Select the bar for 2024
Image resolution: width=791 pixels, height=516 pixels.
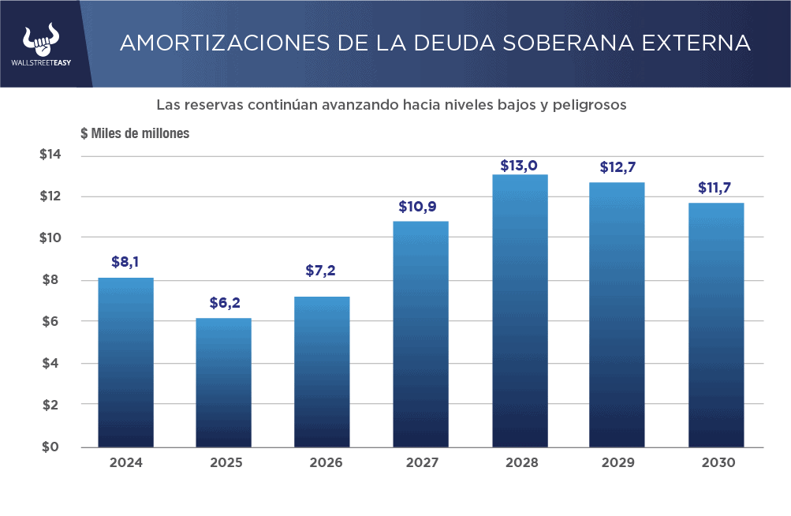[125, 362]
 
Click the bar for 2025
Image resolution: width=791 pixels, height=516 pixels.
[224, 383]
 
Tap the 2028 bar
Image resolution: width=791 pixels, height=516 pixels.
[519, 311]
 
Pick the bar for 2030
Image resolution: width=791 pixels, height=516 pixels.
[716, 325]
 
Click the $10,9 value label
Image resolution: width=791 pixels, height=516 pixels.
[420, 207]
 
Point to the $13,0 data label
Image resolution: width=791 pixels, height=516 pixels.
[519, 166]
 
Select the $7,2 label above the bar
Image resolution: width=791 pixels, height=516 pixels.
[321, 271]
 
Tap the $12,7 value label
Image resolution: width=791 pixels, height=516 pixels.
[617, 168]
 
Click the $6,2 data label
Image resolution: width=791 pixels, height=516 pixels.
[225, 302]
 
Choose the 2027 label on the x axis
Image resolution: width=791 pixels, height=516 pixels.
[421, 463]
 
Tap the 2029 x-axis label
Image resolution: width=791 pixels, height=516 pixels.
[618, 463]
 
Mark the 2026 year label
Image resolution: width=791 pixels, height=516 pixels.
[322, 463]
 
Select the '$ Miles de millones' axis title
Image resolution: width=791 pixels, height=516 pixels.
[135, 133]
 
